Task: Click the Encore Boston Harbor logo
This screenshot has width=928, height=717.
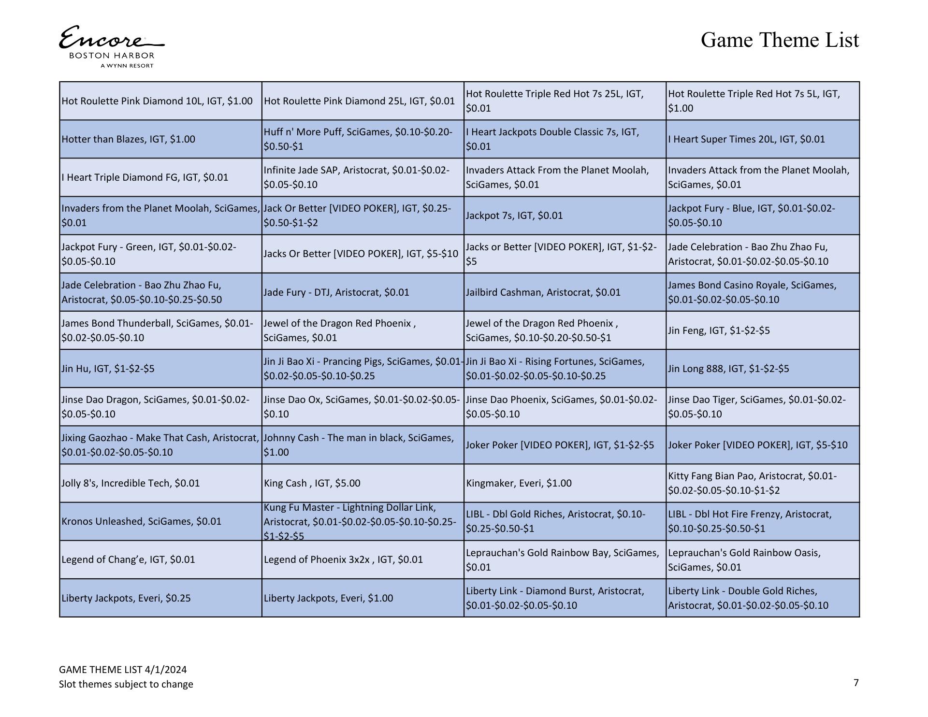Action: (112, 47)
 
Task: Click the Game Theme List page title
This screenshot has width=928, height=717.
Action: (780, 40)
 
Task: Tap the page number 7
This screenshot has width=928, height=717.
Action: (856, 682)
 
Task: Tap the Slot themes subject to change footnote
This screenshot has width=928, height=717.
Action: (126, 684)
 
